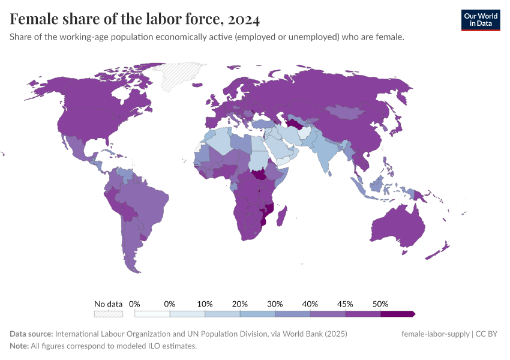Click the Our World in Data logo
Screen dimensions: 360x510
[480, 20]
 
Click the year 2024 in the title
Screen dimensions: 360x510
[244, 20]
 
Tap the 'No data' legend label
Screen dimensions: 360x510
[108, 304]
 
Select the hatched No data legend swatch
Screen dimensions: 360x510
[108, 314]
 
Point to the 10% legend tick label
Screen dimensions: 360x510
[205, 304]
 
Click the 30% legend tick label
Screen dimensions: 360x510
[275, 304]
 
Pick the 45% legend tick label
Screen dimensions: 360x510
[345, 304]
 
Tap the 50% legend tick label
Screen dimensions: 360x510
[380, 304]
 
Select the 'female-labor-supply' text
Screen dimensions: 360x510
[435, 334]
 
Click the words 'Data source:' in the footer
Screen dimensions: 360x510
[31, 334]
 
